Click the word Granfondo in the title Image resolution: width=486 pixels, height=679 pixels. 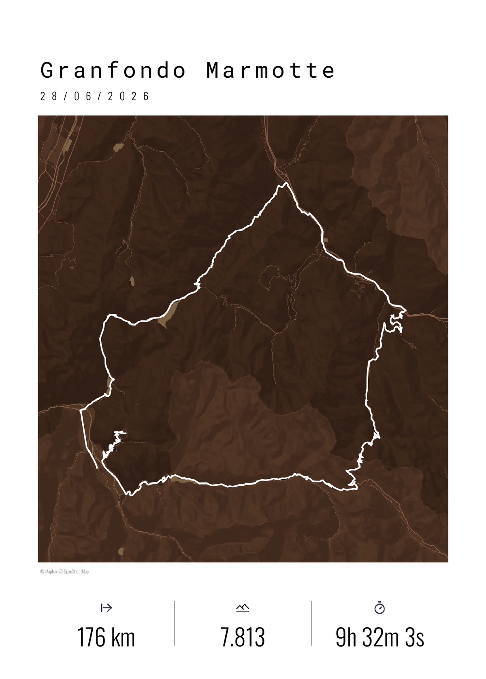(x=113, y=70)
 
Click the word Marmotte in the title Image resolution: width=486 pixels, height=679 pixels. (x=270, y=70)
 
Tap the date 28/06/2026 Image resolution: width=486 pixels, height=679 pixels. (x=95, y=96)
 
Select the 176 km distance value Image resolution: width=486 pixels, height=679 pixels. (x=106, y=637)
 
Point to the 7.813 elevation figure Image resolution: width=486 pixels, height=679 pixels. (x=243, y=637)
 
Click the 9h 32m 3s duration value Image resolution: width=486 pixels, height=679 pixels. (x=379, y=637)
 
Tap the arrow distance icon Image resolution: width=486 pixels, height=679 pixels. (x=106, y=607)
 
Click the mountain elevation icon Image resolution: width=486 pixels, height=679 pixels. (x=243, y=608)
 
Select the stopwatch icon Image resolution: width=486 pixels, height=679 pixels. (x=379, y=608)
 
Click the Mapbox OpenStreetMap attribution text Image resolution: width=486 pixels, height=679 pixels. (x=64, y=571)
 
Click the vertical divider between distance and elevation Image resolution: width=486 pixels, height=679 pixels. (x=175, y=623)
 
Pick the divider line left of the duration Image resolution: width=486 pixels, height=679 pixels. (x=311, y=623)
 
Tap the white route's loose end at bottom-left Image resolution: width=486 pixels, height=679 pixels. (x=97, y=468)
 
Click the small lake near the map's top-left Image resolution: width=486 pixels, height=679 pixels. (x=119, y=146)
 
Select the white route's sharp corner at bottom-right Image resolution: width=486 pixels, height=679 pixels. (x=357, y=489)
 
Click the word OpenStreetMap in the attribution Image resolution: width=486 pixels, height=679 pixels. (x=76, y=571)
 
